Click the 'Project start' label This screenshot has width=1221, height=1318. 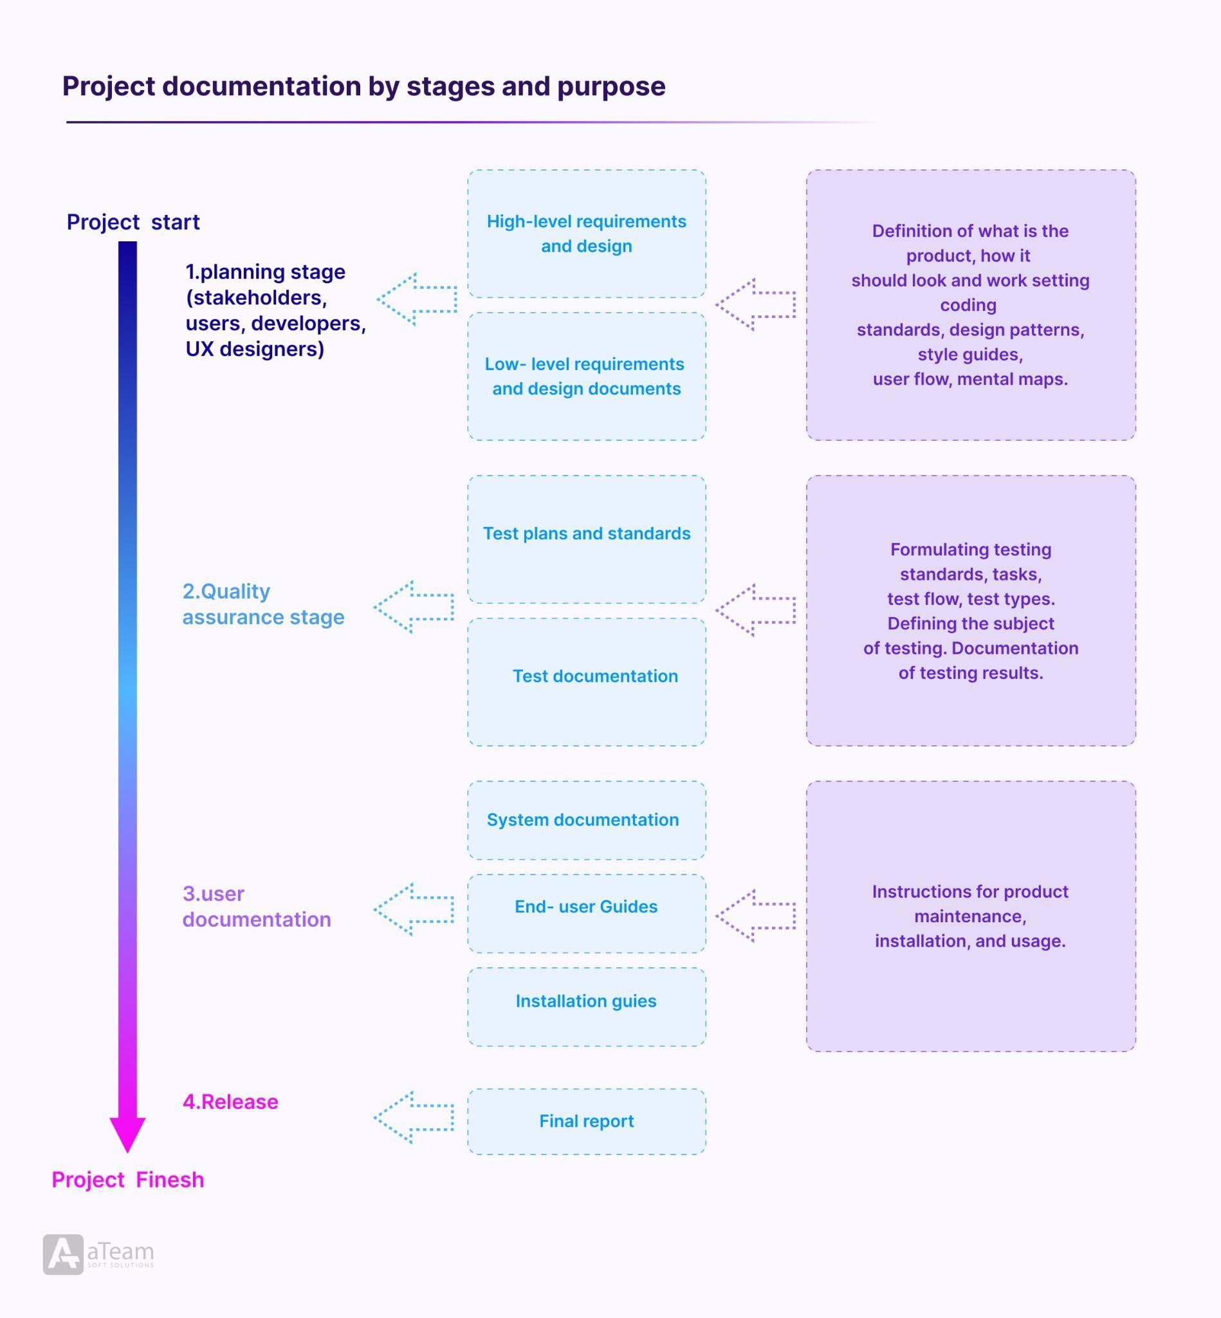coord(133,222)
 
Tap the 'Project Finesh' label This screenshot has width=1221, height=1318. coord(127,1180)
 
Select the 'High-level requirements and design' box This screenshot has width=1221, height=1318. coord(586,234)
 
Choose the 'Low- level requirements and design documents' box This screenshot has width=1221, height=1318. coord(586,376)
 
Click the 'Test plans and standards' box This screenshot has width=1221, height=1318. coord(586,539)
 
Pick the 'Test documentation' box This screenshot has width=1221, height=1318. coord(586,682)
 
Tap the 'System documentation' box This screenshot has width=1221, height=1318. coord(586,820)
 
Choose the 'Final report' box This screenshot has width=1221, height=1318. coord(586,1121)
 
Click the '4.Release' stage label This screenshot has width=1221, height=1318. coord(230,1102)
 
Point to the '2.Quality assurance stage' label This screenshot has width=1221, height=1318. coord(263,604)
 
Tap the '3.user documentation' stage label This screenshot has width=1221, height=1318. coord(256,906)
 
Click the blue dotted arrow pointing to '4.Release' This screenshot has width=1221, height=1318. coord(414,1118)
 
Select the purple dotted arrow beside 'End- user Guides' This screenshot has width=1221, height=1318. coord(755,916)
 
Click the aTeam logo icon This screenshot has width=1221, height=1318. coord(64,1254)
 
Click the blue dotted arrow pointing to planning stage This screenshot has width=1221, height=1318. coord(417,299)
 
